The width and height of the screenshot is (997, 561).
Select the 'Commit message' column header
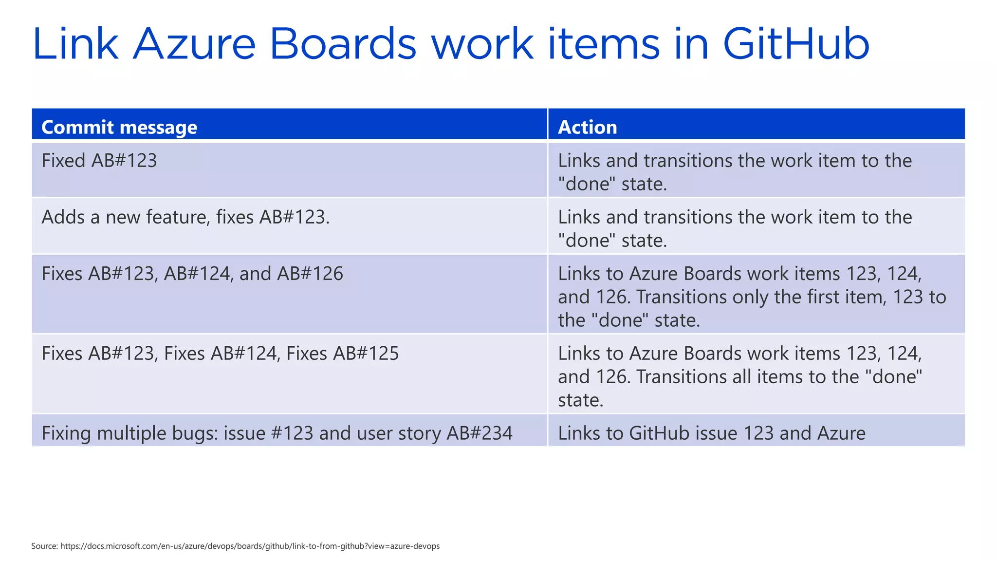pyautogui.click(x=119, y=127)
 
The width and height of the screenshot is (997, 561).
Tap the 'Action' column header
pyautogui.click(x=587, y=127)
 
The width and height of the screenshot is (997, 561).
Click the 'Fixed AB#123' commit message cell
pyautogui.click(x=99, y=161)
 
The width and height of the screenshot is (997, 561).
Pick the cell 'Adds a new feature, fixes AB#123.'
pyautogui.click(x=185, y=217)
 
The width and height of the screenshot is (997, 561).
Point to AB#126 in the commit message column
pyautogui.click(x=310, y=274)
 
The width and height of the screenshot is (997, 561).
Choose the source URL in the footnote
pyautogui.click(x=250, y=546)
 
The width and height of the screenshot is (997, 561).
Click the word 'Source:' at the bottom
pyautogui.click(x=44, y=546)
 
